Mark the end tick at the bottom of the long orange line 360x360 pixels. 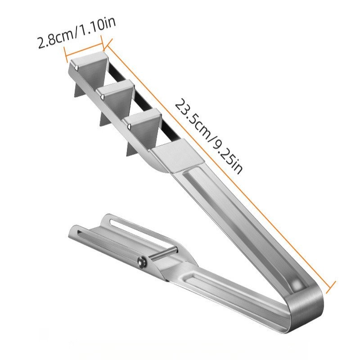[331, 287]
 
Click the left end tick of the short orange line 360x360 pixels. [66, 54]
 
